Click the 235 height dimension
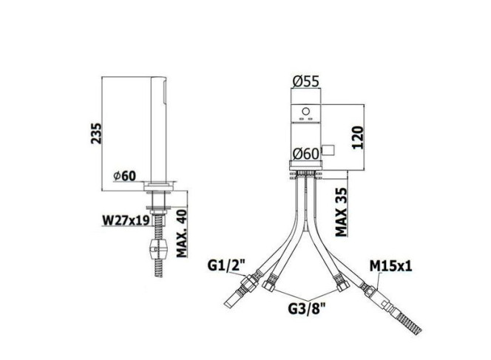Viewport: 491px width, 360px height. coord(96,133)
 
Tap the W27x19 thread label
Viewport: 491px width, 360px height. coord(126,220)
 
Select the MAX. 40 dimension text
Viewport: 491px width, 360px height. coord(182,233)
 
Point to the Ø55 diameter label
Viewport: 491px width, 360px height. coord(306,81)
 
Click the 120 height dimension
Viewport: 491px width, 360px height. coord(358,137)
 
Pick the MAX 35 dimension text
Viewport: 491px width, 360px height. coord(342,212)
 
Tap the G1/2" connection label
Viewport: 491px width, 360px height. coord(226,266)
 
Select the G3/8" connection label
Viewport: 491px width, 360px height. coord(307,309)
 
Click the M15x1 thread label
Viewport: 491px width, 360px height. coord(390,266)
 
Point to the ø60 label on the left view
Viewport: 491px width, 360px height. coord(125,176)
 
